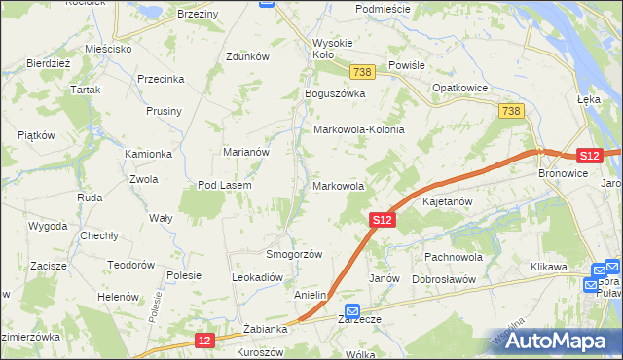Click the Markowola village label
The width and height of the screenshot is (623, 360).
tap(339, 185)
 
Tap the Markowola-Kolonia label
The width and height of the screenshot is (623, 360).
tap(358, 129)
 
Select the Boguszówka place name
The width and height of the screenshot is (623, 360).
tap(334, 93)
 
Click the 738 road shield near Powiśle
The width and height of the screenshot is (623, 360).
tap(363, 73)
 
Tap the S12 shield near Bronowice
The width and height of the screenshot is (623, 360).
tap(589, 155)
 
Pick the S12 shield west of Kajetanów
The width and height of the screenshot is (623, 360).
tap(383, 221)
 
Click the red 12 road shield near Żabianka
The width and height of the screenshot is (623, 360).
tap(203, 340)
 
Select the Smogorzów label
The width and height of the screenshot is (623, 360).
tap(294, 254)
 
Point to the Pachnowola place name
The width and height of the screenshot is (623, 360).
tap(454, 257)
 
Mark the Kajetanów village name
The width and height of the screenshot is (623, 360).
tap(448, 202)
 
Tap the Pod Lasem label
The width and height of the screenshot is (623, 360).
tap(225, 185)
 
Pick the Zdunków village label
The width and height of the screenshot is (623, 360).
tap(246, 56)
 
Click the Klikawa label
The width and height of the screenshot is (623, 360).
tap(549, 266)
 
